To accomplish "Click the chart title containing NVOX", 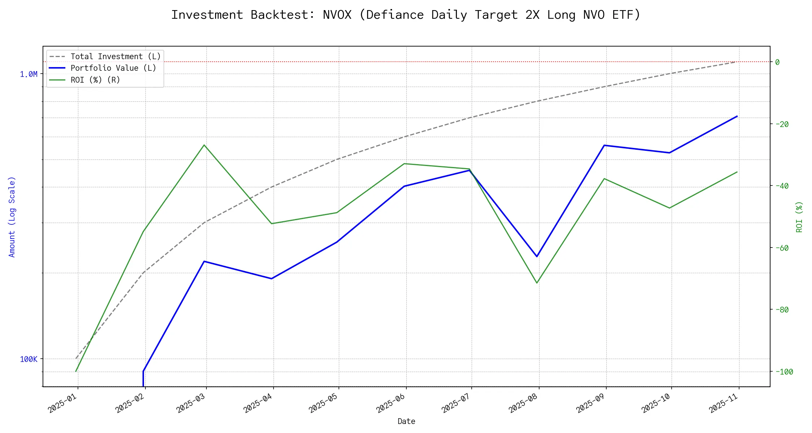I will point(406,15).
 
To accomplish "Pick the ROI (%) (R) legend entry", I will point(95,80).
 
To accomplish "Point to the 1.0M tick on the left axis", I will point(29,74).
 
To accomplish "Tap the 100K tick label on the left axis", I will point(29,359).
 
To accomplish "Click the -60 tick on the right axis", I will point(781,248).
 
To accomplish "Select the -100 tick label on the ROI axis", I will point(783,372).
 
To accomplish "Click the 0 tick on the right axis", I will point(777,62).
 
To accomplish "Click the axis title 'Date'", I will point(406,421).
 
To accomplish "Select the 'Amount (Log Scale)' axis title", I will point(12,216).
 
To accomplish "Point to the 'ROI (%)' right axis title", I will point(799,216).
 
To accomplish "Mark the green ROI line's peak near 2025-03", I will point(204,145).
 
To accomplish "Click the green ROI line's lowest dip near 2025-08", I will point(537,283).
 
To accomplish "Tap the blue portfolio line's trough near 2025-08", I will point(537,257).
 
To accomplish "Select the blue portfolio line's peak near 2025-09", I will point(604,145).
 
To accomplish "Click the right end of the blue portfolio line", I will point(737,116).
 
